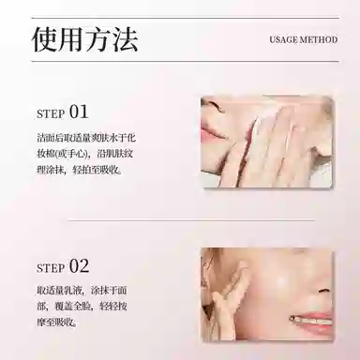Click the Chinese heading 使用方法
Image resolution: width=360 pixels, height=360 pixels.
85,39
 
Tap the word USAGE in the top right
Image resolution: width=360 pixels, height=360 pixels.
282,41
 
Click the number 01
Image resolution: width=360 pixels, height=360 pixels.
79,112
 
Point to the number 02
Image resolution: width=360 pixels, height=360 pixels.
79,265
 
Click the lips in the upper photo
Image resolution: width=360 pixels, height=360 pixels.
215,134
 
